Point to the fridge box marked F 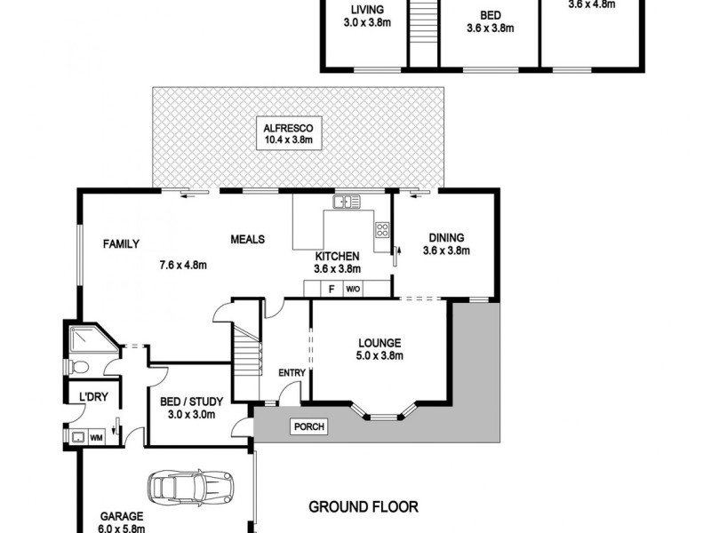click(331, 289)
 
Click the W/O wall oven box click(352, 289)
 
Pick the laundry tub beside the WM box click(77, 436)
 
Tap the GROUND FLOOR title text click(363, 507)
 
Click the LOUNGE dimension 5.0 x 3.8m click(381, 356)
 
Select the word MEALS click(249, 239)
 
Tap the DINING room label click(445, 237)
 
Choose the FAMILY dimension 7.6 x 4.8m click(183, 264)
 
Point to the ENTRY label click(291, 373)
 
